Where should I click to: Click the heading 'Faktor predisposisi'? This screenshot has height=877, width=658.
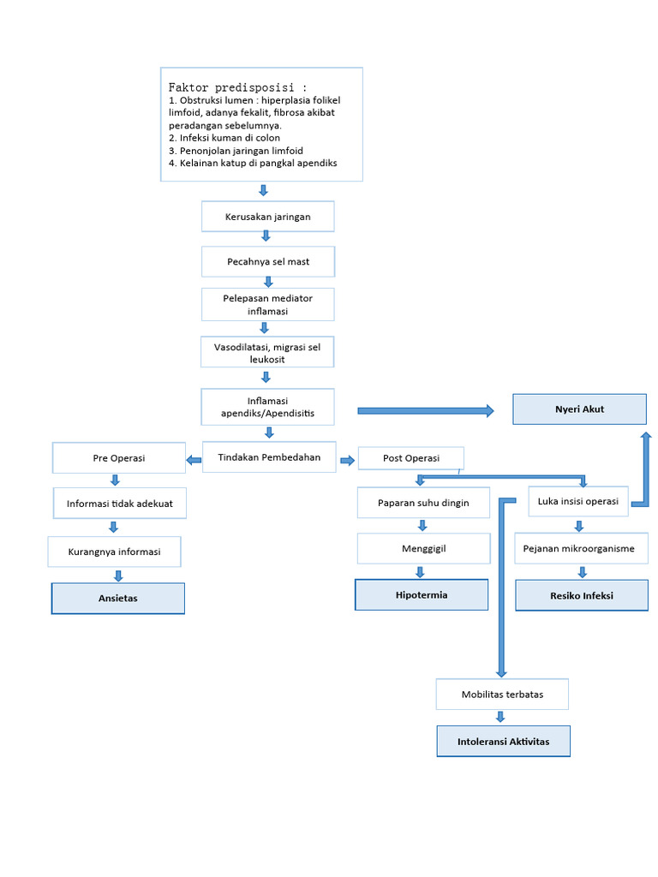pyautogui.click(x=237, y=87)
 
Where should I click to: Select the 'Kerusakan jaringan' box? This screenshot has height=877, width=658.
pyautogui.click(x=267, y=217)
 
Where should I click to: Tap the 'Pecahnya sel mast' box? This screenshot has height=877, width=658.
pyautogui.click(x=267, y=261)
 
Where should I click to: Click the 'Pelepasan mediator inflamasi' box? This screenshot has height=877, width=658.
pyautogui.click(x=267, y=305)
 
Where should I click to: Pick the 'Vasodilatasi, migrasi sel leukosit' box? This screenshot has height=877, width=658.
pyautogui.click(x=267, y=352)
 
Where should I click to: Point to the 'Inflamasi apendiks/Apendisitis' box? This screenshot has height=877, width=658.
pyautogui.click(x=267, y=407)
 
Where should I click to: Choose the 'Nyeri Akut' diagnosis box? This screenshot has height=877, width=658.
pyautogui.click(x=579, y=409)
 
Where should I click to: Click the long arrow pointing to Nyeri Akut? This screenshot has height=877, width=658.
pyautogui.click(x=425, y=411)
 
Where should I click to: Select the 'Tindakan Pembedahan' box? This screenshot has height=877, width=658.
pyautogui.click(x=269, y=457)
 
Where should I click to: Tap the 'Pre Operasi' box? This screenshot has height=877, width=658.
pyautogui.click(x=119, y=458)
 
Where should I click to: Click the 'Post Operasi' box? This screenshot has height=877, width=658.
pyautogui.click(x=410, y=458)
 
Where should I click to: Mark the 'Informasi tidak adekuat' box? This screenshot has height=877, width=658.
pyautogui.click(x=120, y=504)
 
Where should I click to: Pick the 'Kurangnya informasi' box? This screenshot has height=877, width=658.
pyautogui.click(x=115, y=552)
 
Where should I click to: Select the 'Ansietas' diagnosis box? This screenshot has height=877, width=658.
pyautogui.click(x=118, y=599)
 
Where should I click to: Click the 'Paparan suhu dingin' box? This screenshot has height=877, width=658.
pyautogui.click(x=423, y=503)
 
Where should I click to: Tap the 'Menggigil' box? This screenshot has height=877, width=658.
pyautogui.click(x=423, y=548)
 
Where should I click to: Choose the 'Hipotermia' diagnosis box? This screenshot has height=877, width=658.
pyautogui.click(x=422, y=594)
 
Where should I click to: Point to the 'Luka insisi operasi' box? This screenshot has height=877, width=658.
pyautogui.click(x=577, y=501)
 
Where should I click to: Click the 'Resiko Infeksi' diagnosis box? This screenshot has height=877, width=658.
pyautogui.click(x=582, y=595)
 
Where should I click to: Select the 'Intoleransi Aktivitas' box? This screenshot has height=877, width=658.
pyautogui.click(x=503, y=741)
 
